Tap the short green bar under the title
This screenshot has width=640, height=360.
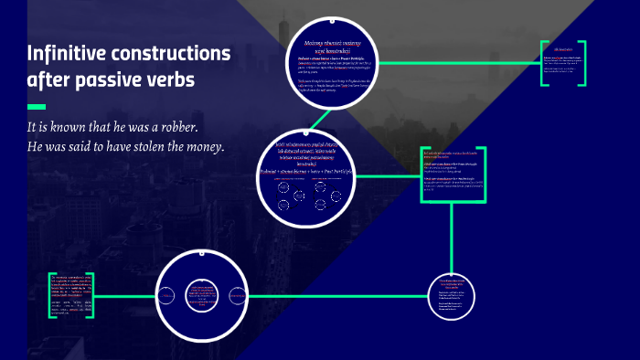point(37,107)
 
